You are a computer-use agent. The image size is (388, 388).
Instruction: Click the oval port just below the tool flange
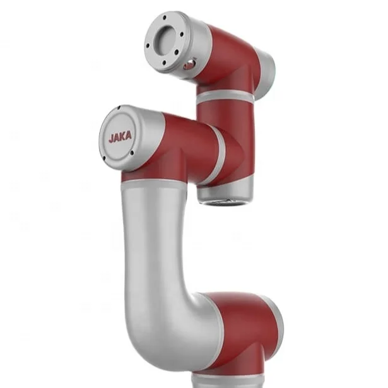[188, 65]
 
